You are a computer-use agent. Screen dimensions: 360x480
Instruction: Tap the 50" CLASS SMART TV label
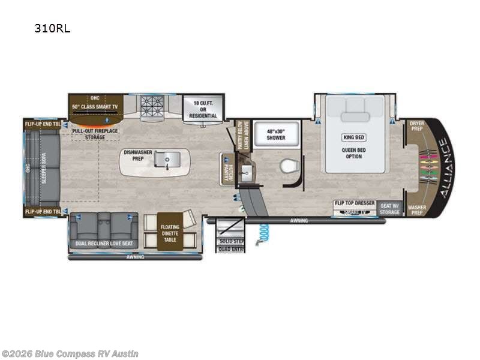tap(95, 106)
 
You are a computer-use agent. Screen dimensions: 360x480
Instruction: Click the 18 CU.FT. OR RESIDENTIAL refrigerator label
tap(203, 107)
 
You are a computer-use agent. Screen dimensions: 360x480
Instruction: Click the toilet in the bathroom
tap(289, 166)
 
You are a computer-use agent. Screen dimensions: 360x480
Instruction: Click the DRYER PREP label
tap(416, 125)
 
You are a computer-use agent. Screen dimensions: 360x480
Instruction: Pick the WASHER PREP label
tap(416, 209)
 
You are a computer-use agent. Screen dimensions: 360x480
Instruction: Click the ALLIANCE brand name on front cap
tap(443, 167)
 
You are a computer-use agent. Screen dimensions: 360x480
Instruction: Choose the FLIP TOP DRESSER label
tap(355, 203)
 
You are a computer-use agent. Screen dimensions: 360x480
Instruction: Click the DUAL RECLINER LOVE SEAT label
tap(104, 244)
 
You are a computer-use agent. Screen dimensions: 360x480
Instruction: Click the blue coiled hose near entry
tap(262, 232)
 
